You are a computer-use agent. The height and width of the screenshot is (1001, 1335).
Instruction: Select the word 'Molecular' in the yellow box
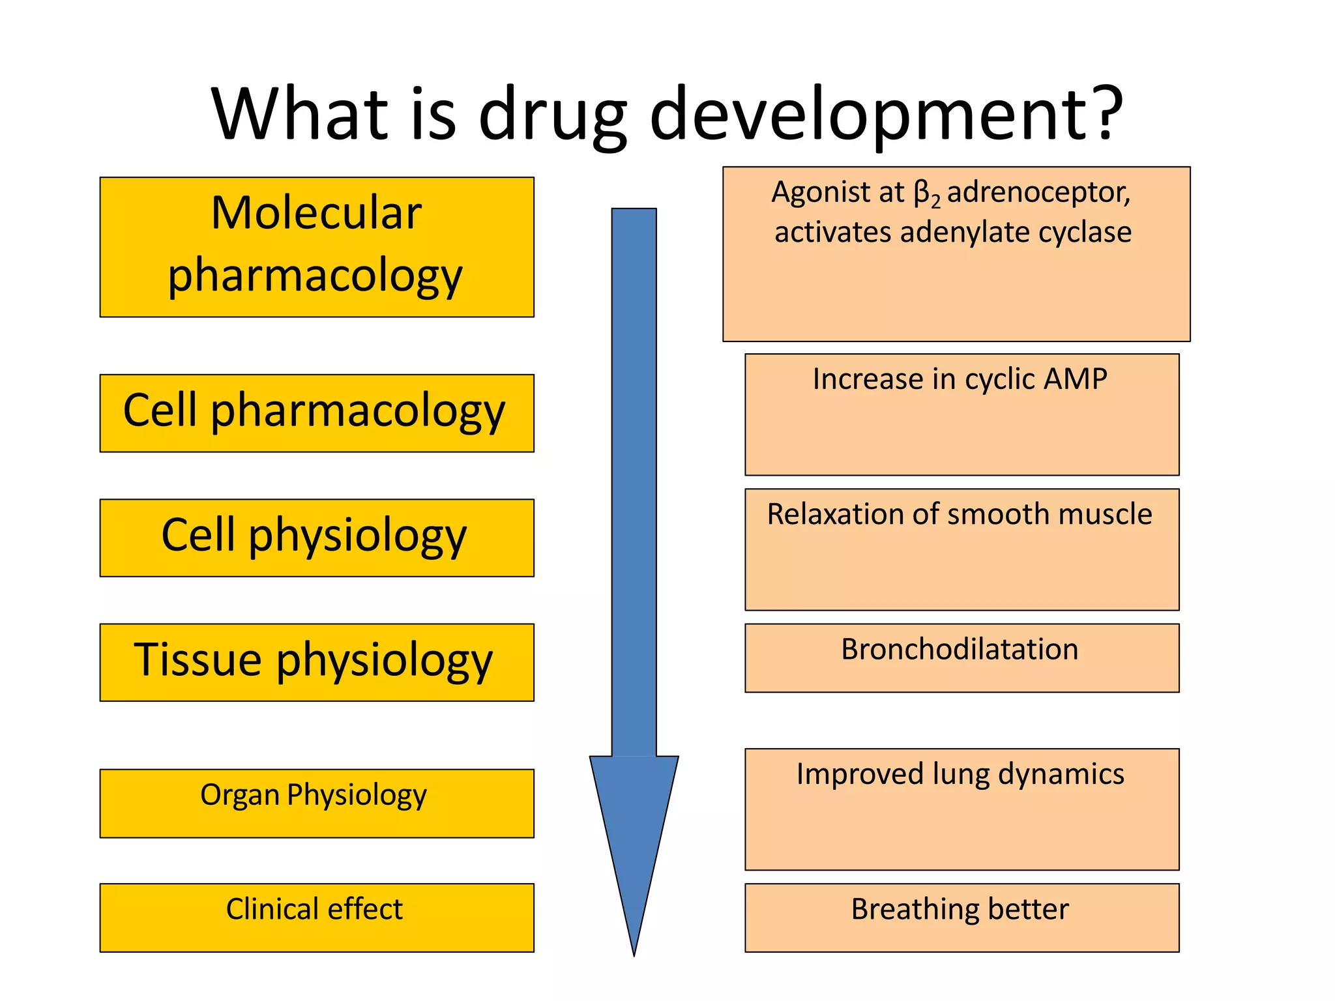pos(316,213)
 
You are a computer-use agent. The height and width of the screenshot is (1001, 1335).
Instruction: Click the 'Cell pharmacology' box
pos(316,413)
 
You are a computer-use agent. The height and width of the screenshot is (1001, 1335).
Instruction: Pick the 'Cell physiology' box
pos(316,537)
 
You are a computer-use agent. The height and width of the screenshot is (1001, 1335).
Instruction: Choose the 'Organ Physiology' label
pos(314,795)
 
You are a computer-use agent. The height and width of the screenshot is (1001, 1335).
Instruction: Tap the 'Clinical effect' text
pos(314,908)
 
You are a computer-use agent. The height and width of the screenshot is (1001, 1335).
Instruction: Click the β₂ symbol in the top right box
pos(926,194)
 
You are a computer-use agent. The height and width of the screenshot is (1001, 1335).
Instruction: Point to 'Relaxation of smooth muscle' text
pos(960,514)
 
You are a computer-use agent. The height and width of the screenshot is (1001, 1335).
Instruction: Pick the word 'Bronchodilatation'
pos(960,649)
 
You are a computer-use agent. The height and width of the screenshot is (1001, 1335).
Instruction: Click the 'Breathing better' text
pos(960,909)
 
